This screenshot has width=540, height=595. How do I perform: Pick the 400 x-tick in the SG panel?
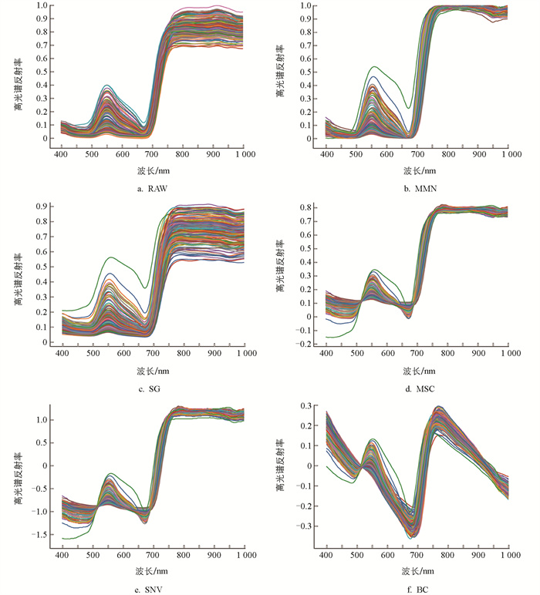61,355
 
